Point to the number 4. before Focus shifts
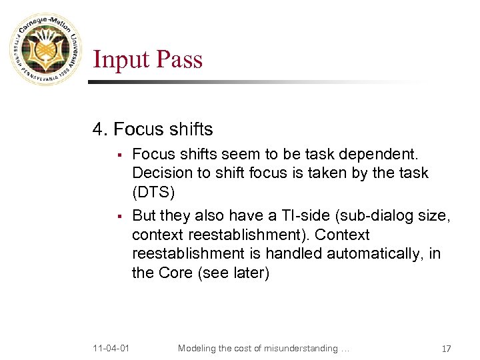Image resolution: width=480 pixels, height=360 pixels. point(100,128)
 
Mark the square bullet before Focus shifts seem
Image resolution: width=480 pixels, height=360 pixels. point(117,156)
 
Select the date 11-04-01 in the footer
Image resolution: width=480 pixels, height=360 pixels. point(111,348)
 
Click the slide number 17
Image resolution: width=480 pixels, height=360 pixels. point(446,349)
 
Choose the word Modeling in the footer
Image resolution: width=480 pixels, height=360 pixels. point(199,348)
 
